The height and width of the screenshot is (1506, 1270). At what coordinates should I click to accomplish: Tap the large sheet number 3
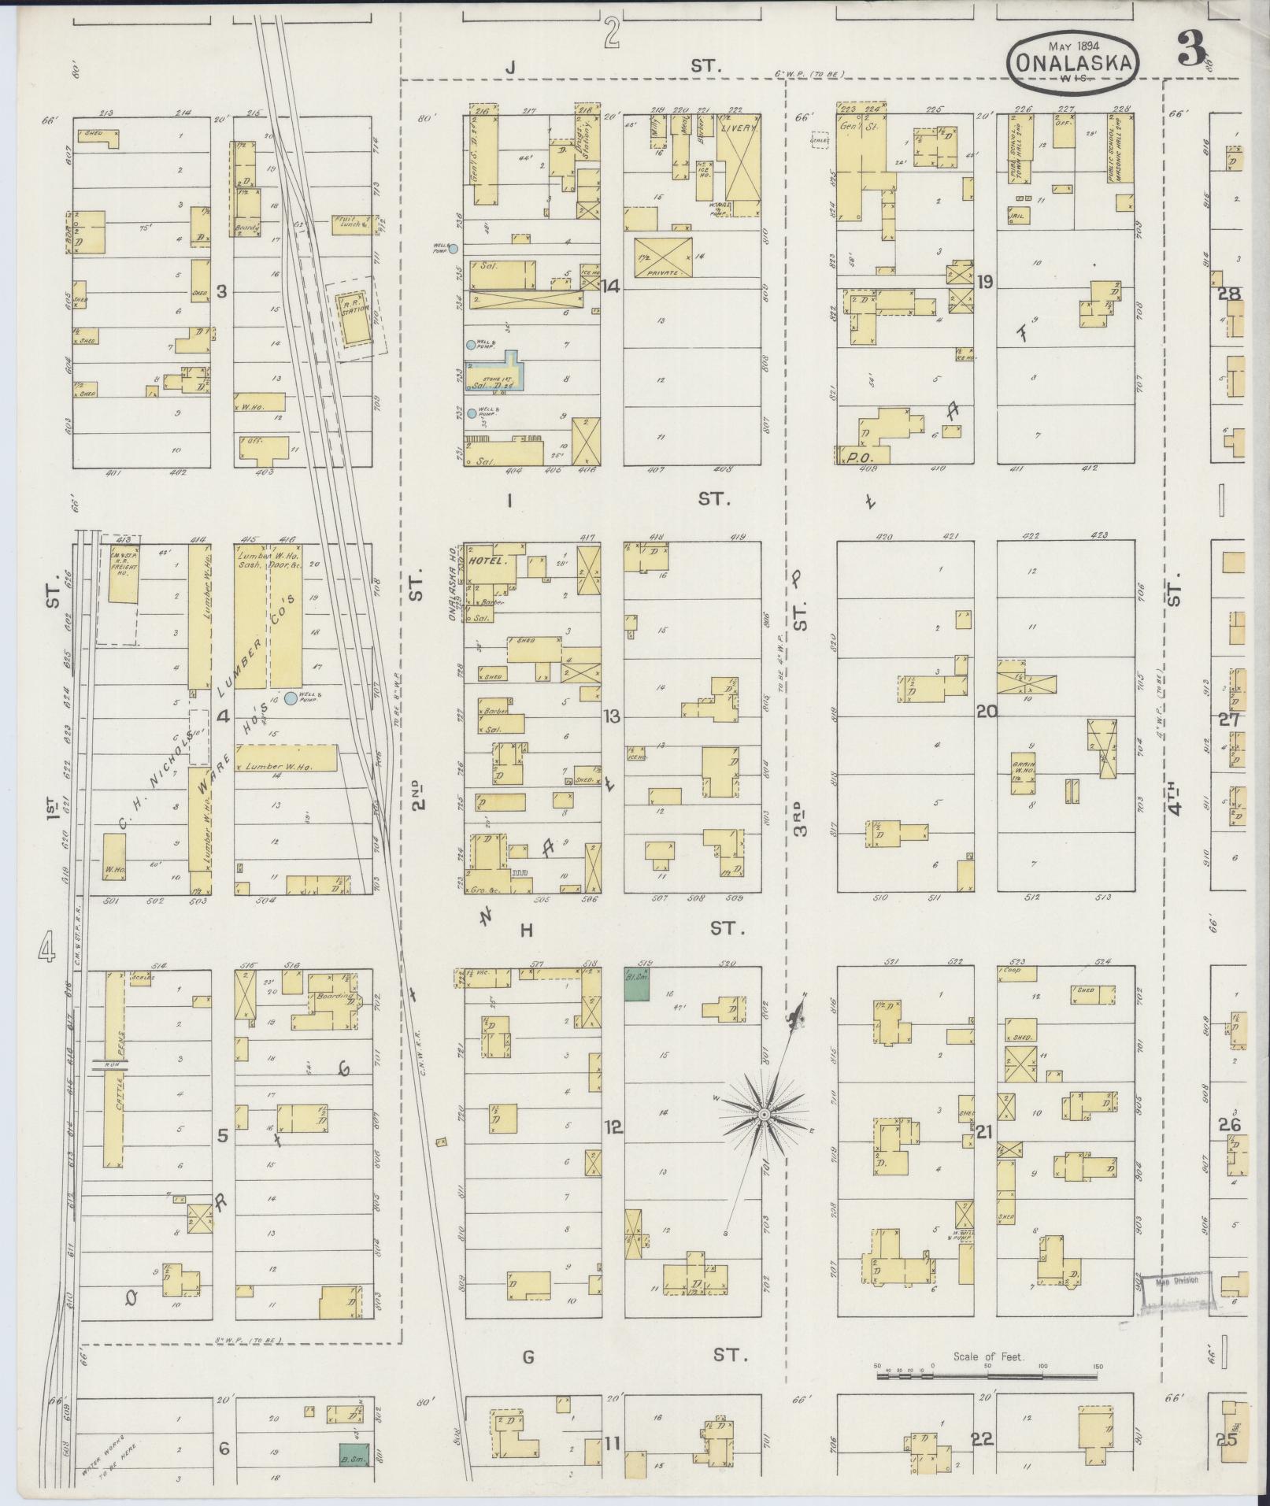click(x=1193, y=50)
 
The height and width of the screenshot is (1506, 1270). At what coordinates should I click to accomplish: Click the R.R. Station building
click(x=354, y=318)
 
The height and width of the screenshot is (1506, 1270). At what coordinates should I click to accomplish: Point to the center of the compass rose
click(x=763, y=1116)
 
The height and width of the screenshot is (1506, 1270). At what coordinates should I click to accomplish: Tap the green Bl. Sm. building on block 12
click(x=636, y=983)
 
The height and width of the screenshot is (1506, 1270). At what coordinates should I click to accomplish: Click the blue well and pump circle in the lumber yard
click(x=291, y=697)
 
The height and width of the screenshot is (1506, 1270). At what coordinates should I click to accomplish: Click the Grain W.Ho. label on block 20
click(x=1024, y=766)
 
